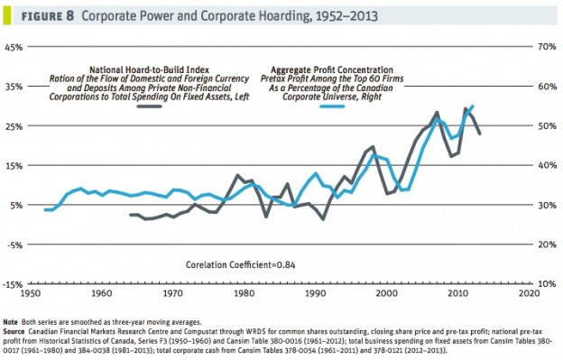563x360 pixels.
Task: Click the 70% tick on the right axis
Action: pos(546,47)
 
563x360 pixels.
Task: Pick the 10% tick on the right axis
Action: pos(546,285)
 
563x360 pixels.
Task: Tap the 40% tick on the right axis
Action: pos(546,166)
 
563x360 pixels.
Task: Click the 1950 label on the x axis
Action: pos(29,293)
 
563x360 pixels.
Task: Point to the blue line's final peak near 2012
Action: pos(473,106)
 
